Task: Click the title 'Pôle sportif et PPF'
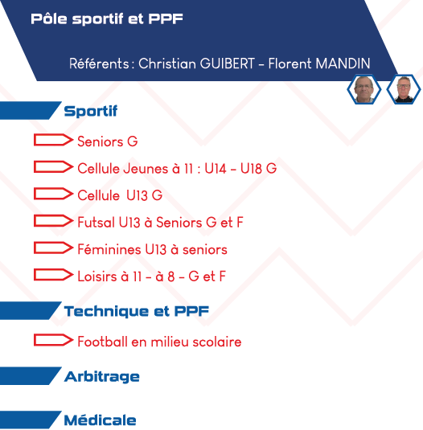point(107,19)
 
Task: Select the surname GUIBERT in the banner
point(228,63)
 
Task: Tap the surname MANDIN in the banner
point(343,63)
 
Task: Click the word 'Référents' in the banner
point(99,63)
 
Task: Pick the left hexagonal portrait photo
point(364,89)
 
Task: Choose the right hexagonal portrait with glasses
point(404,89)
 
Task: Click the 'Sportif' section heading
point(91,111)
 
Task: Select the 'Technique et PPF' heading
point(137,311)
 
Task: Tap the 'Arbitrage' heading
point(102,377)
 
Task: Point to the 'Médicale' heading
point(101,420)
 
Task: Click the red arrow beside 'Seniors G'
point(54,140)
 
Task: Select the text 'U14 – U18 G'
point(240,168)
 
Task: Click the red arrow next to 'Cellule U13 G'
point(54,194)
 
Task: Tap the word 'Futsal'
point(97,222)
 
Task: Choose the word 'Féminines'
point(109,249)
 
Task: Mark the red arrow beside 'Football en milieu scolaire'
point(54,340)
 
